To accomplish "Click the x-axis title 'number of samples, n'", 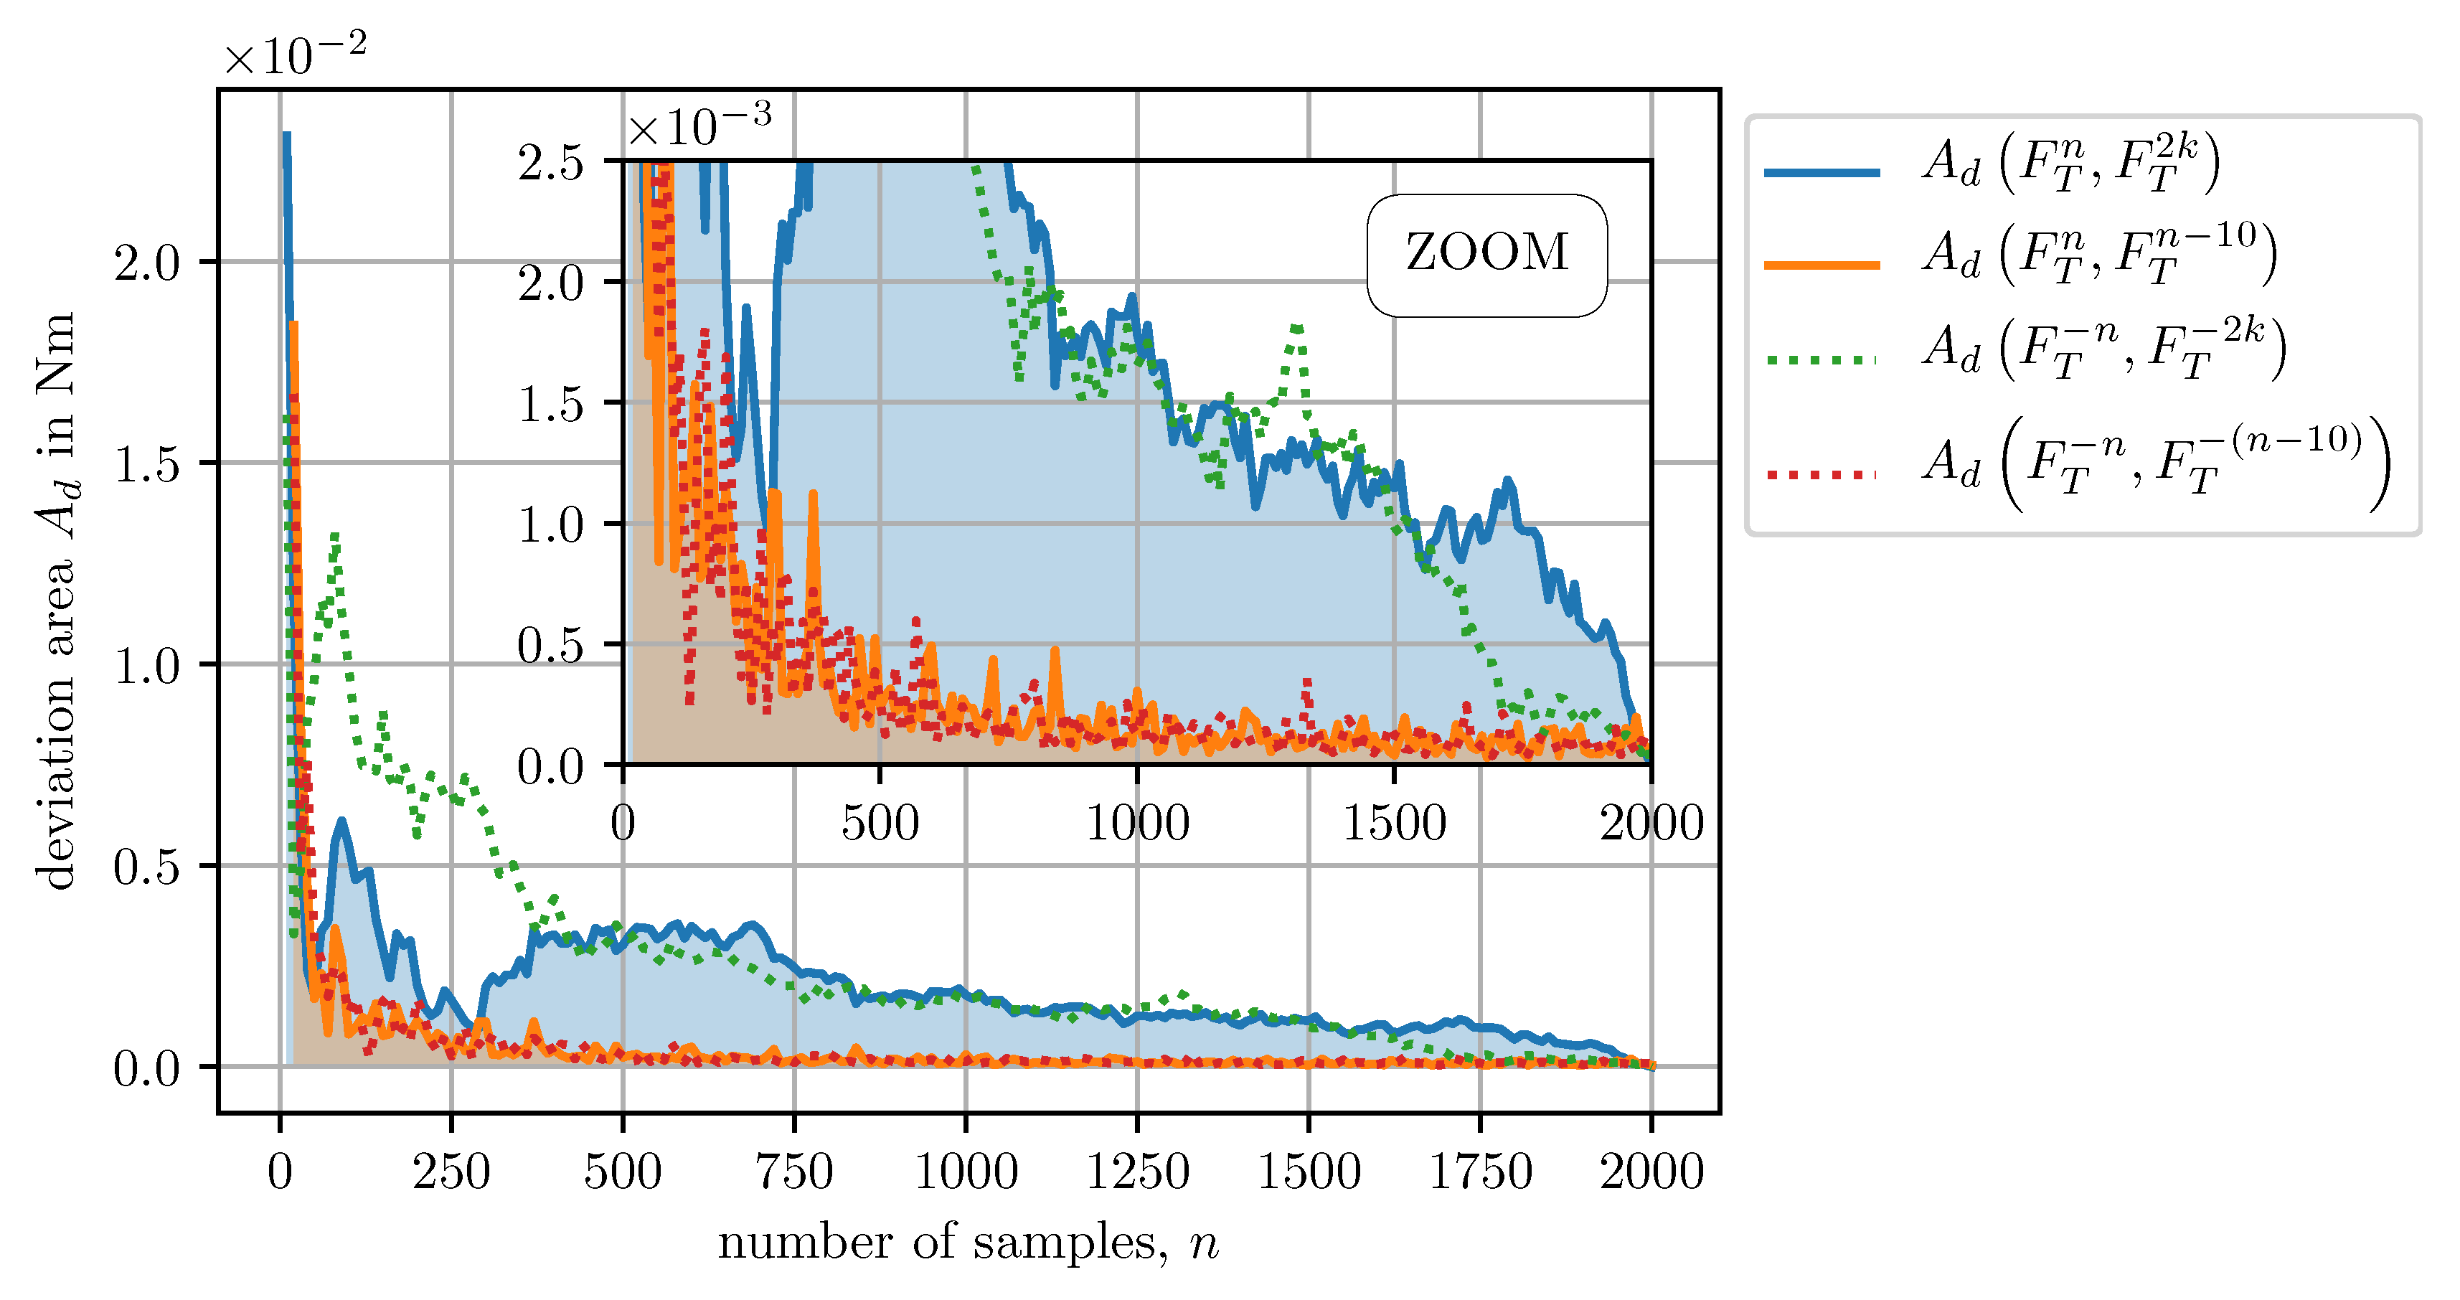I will [x=967, y=1243].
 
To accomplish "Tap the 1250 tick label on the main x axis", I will [x=1137, y=1172].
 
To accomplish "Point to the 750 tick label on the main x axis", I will [x=795, y=1172].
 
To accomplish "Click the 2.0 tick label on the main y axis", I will [x=146, y=263].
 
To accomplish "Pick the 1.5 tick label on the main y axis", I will [x=146, y=464].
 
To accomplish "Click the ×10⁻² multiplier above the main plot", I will [x=294, y=55].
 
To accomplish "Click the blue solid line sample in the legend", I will [x=1821, y=172].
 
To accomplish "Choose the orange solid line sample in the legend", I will [x=1821, y=265].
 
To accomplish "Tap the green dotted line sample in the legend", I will [x=1821, y=360].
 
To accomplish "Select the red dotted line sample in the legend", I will [x=1821, y=474].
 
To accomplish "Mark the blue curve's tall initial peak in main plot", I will [x=286, y=136].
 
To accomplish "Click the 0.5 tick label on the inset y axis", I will [x=550, y=646].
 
